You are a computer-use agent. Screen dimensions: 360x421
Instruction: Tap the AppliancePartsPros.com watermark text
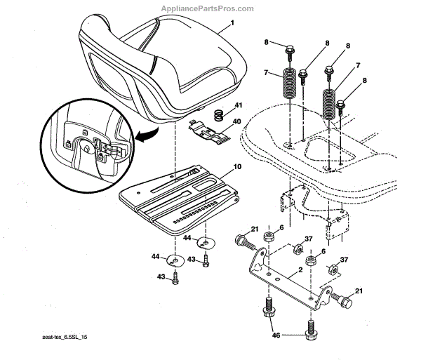click(208, 8)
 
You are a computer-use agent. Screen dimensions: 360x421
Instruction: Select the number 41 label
click(238, 105)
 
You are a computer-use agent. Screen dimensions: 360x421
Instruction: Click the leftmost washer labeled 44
click(174, 261)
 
